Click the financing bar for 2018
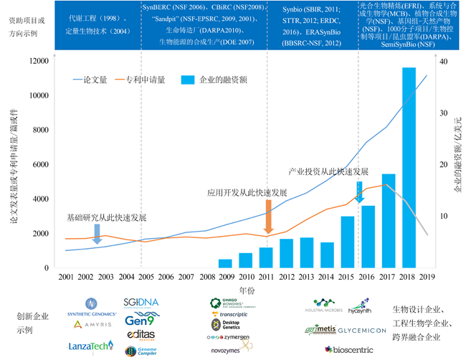409,167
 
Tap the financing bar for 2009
225,263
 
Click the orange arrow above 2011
267,217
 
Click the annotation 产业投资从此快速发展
327,172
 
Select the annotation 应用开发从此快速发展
247,193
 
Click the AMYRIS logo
92,325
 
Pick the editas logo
141,335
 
